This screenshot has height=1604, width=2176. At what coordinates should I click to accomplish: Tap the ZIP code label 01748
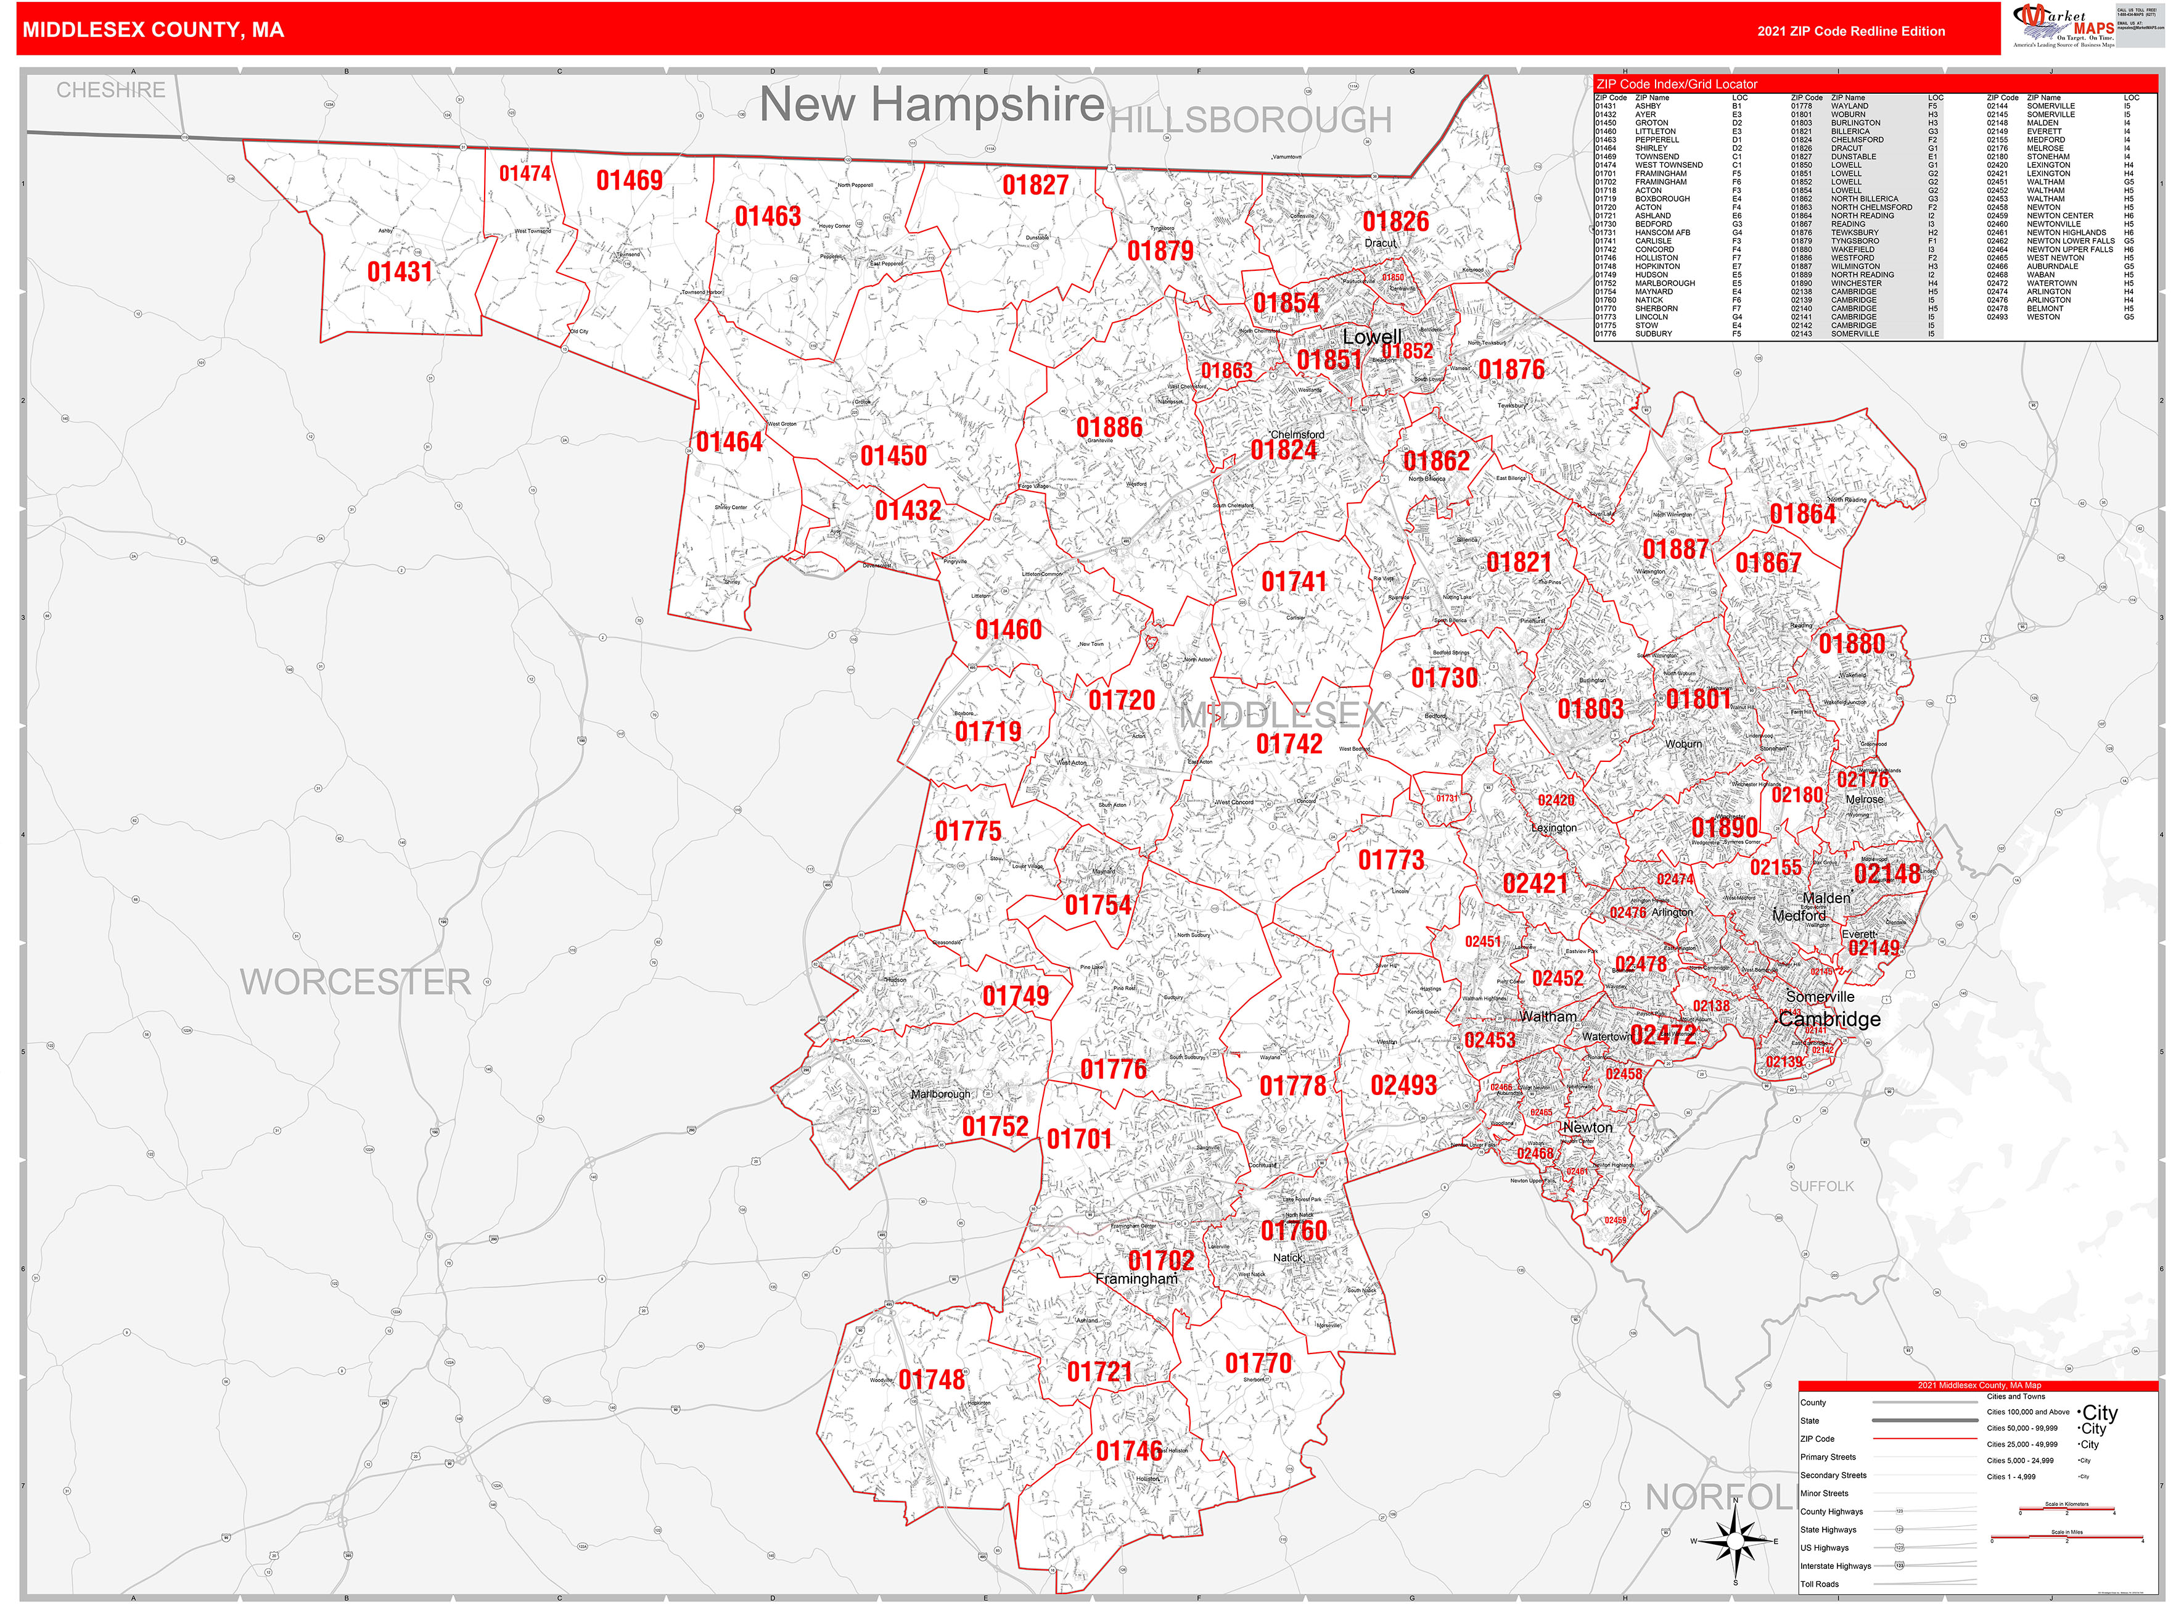(931, 1379)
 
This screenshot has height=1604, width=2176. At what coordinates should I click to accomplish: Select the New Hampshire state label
(931, 105)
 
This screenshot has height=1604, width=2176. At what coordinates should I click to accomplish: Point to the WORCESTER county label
(355, 982)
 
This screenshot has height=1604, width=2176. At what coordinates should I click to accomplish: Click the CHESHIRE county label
(110, 90)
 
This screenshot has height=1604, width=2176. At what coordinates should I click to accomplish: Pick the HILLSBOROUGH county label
(1250, 120)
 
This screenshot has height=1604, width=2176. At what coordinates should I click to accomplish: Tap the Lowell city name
(1371, 337)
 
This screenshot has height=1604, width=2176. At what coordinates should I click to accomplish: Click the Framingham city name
(1136, 1279)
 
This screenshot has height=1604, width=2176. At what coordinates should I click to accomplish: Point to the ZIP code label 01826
(1395, 221)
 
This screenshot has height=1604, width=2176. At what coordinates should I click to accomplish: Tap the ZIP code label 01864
(1802, 514)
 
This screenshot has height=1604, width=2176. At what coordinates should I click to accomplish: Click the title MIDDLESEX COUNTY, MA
(154, 30)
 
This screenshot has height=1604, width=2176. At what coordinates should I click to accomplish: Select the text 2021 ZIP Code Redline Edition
(1851, 31)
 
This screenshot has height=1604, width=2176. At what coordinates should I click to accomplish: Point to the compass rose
(1735, 1541)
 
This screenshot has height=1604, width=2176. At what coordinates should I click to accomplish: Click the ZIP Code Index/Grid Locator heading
(1676, 85)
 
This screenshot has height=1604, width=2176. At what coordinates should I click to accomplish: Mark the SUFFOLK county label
(1821, 1186)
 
